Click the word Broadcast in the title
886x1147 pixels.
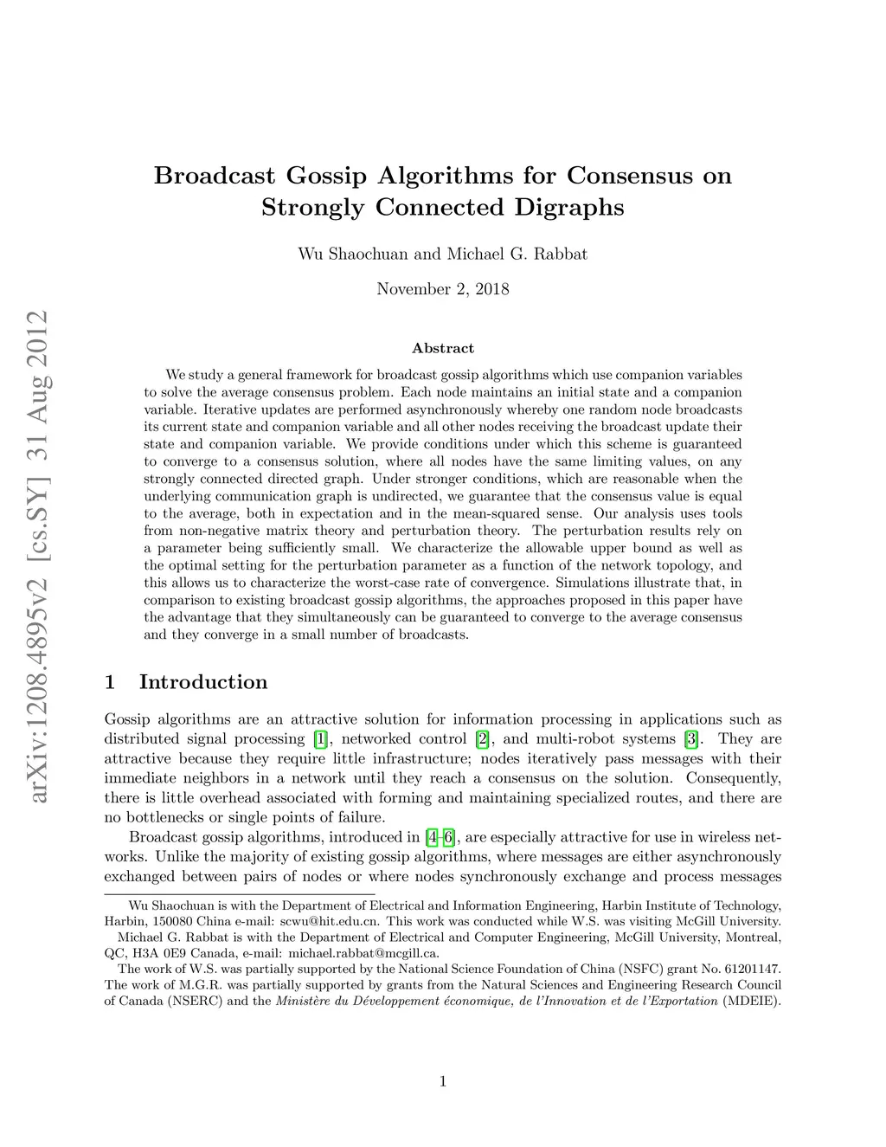(215, 176)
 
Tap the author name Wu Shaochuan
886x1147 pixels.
(353, 254)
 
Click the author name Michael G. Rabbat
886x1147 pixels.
(517, 254)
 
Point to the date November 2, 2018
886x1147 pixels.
(442, 289)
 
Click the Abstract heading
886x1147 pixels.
(443, 348)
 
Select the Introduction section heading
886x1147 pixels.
(203, 682)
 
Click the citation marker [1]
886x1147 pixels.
(321, 739)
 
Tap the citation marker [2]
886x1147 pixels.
(483, 739)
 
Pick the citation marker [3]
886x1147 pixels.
(690, 739)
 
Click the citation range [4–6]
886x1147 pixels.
(440, 837)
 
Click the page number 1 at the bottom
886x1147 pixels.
(443, 1081)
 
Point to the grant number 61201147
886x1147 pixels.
(753, 970)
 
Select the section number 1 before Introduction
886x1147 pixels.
(110, 682)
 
